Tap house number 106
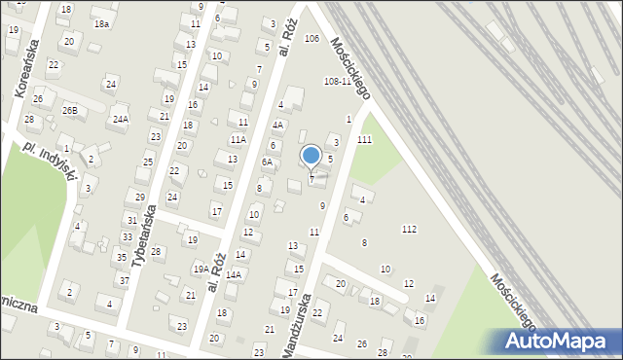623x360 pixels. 311,39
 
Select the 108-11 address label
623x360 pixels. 338,81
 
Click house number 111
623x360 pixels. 364,140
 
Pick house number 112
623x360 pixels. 409,229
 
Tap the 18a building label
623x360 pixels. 100,23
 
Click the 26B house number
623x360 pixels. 69,110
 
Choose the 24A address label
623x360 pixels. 120,119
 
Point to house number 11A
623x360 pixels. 238,140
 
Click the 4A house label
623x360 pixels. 278,125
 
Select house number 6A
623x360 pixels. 267,162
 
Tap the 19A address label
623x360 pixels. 200,270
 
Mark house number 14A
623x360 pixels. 233,275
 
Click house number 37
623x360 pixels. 124,280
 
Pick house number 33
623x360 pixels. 127,236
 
